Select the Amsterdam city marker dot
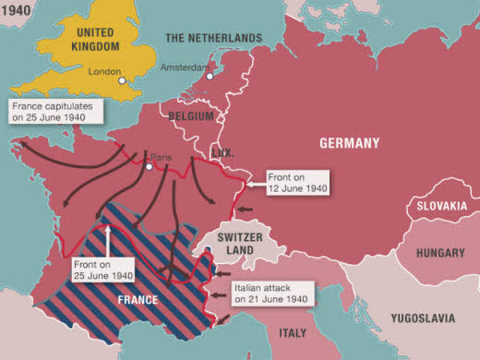coord(210,76)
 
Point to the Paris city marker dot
coord(150,166)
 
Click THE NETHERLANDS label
coord(214,37)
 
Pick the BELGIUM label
coord(191,116)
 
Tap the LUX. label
coord(223,151)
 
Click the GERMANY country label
coord(349,143)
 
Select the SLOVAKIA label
coord(441,206)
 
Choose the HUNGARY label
coord(439,253)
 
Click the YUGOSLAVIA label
coord(422,318)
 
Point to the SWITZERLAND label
coord(239,244)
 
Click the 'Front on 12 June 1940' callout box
coord(298,184)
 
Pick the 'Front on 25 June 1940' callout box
coord(103,270)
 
